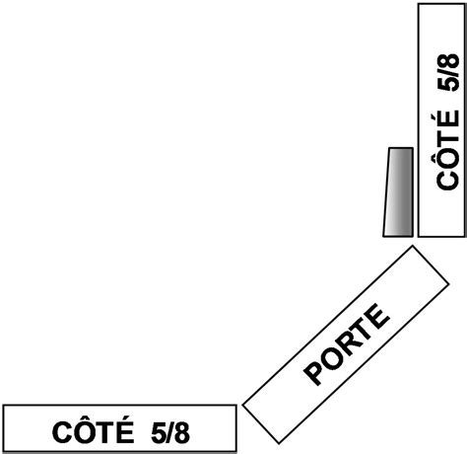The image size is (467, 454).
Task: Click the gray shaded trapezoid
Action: tap(398, 192)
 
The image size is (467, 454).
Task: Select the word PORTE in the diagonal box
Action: tap(347, 344)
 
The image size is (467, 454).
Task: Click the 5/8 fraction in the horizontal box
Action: tap(170, 432)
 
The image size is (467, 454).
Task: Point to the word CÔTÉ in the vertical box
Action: tap(447, 149)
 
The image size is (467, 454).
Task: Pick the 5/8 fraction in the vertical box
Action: tap(448, 72)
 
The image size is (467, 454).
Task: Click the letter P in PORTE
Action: tap(314, 373)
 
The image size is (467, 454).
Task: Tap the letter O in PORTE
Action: tap(329, 358)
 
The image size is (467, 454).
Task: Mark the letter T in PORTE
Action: tap(361, 332)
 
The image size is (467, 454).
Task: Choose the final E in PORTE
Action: tap(377, 317)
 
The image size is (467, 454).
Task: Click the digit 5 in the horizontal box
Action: tap(159, 432)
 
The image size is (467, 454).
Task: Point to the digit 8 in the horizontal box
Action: tap(182, 432)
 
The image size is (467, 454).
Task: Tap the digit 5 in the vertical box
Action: tap(448, 84)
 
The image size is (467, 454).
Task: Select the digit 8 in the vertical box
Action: tap(448, 61)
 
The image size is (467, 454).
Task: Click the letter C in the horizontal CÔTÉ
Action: tap(62, 432)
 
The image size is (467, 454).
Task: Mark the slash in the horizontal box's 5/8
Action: tap(170, 432)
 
